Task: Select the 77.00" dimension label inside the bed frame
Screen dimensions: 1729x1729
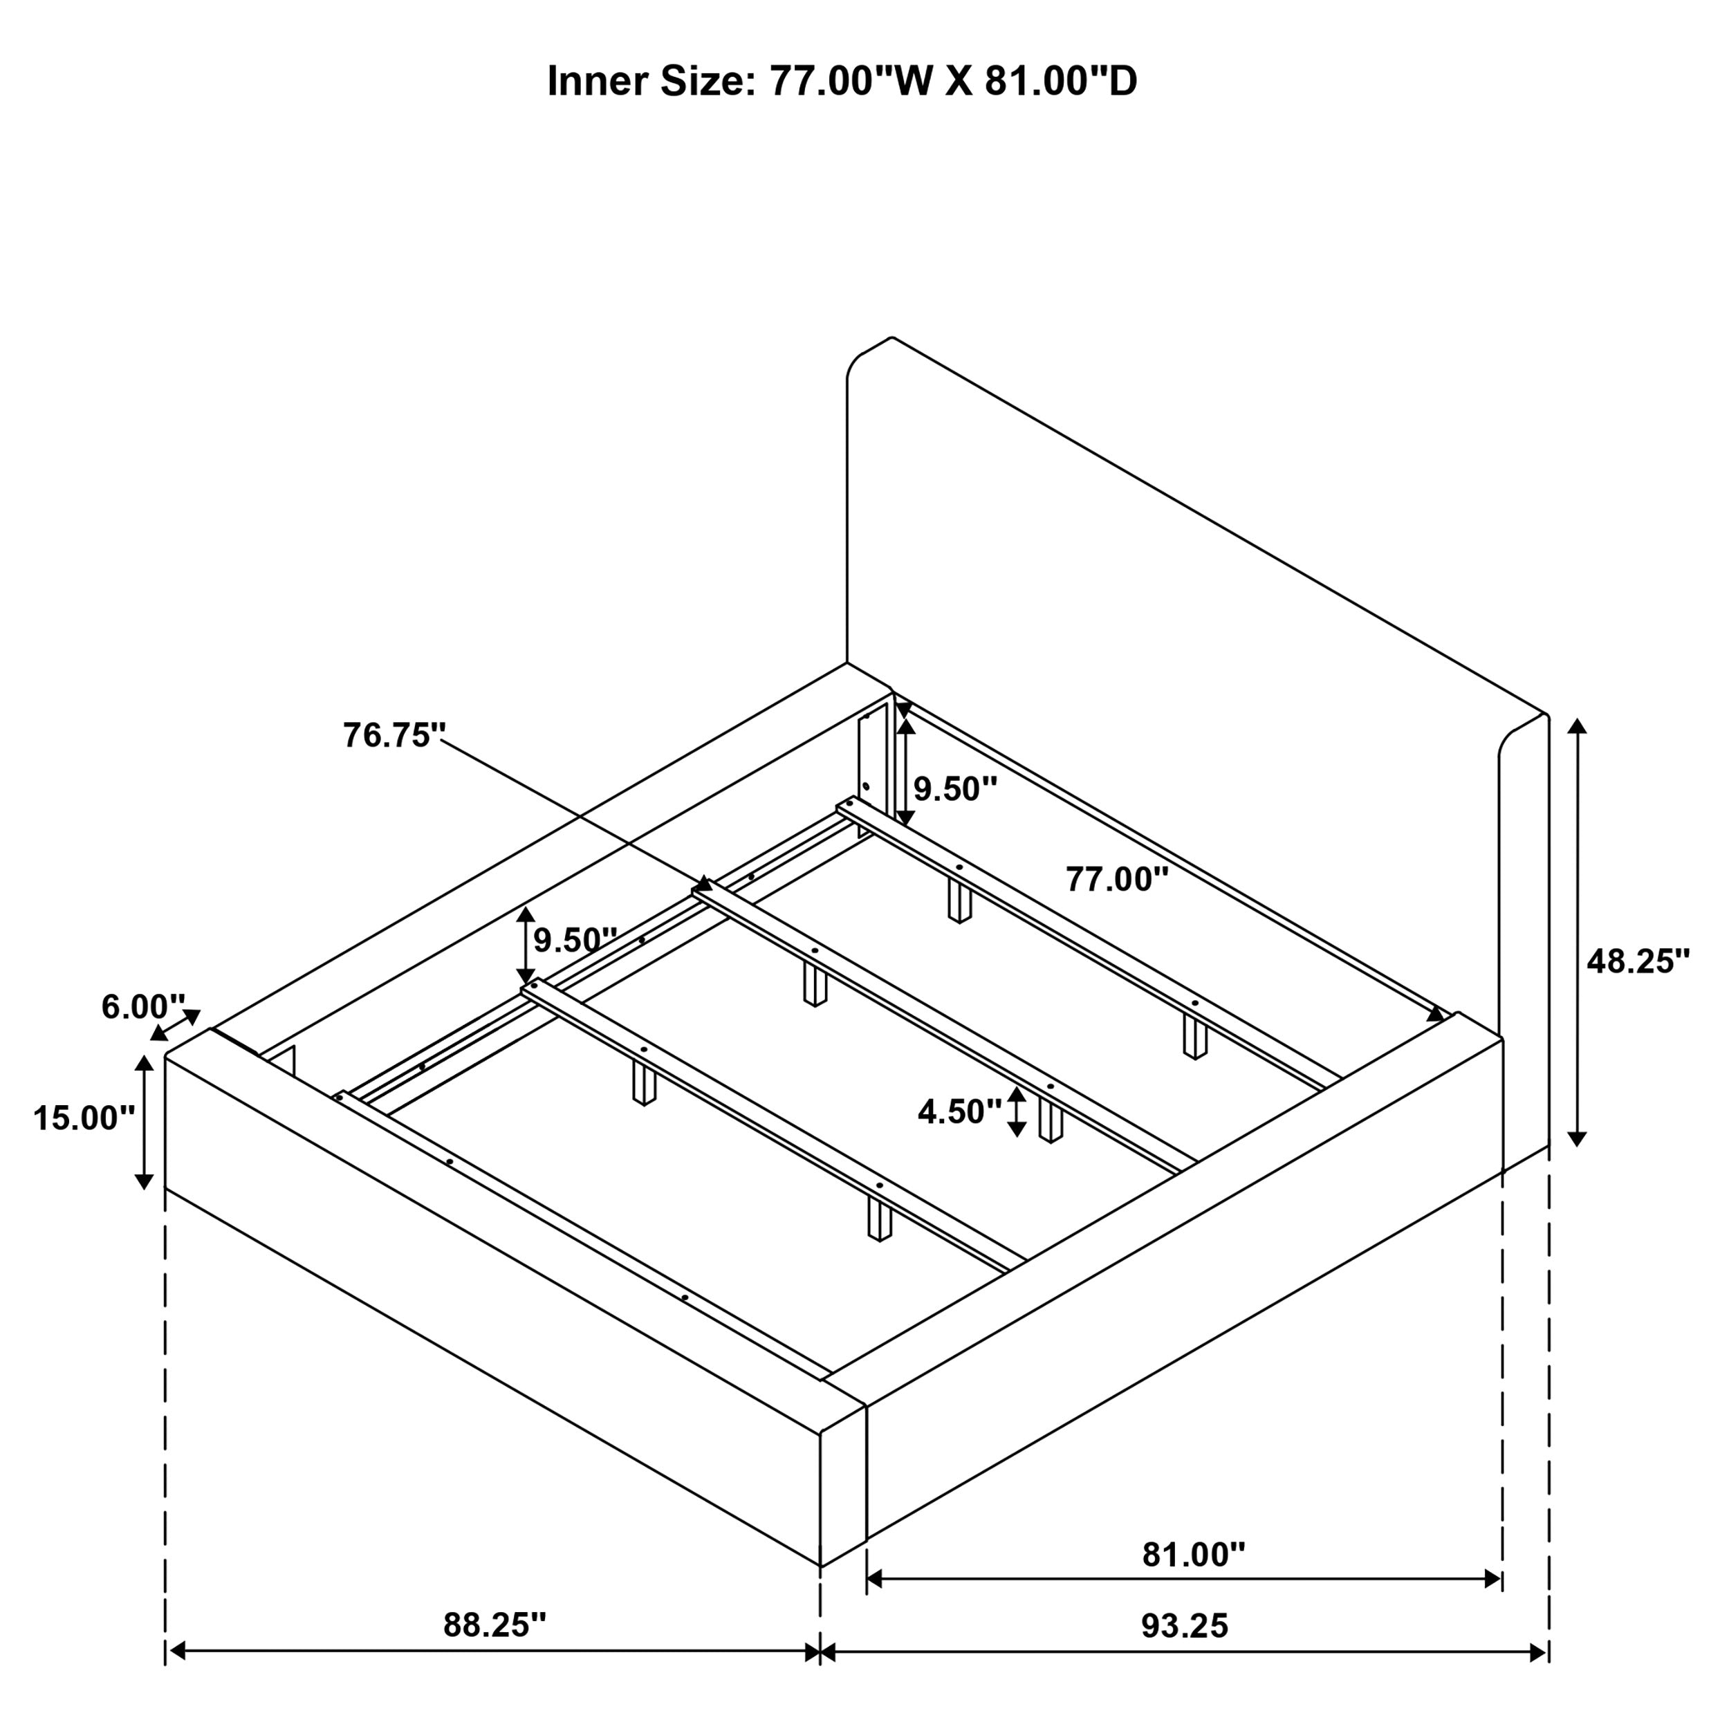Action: (x=1117, y=879)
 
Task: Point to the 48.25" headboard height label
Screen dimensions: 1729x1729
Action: (x=1638, y=961)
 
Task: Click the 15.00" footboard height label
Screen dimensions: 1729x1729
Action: (x=83, y=1118)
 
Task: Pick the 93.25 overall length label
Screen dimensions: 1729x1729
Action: (x=1184, y=1625)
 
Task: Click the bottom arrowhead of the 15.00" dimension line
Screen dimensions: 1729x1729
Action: (x=143, y=1181)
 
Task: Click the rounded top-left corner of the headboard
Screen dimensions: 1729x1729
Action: (x=859, y=360)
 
